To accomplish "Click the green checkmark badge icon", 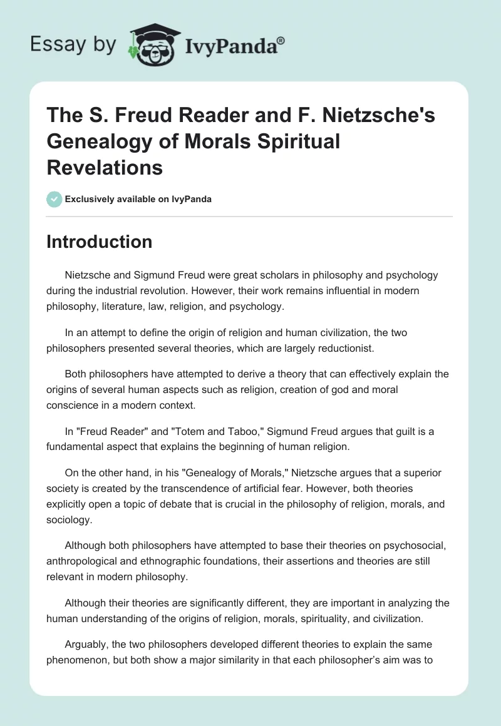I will (x=54, y=199).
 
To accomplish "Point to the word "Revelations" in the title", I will (x=105, y=167).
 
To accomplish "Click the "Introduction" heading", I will (x=100, y=242).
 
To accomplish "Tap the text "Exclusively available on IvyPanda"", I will (x=138, y=199).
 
